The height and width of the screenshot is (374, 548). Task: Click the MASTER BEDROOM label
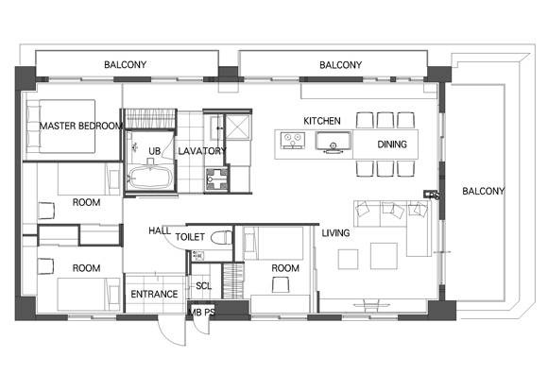(80, 126)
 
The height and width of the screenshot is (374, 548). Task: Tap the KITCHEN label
(322, 121)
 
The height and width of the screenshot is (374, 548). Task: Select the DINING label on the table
(392, 144)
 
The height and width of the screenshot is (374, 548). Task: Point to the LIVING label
(335, 233)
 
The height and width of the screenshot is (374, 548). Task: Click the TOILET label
(190, 237)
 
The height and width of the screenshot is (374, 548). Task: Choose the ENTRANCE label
(154, 294)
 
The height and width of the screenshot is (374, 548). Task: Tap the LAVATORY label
(202, 151)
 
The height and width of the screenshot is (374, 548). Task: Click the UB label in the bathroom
(154, 151)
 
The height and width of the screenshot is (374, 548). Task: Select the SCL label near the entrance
(203, 286)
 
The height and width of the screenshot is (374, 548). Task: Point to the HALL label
(160, 230)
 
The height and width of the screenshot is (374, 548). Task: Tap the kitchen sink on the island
(334, 142)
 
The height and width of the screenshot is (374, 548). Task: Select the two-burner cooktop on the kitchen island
(293, 141)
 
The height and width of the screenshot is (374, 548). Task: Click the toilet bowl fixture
(221, 237)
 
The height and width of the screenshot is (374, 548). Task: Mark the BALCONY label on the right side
(484, 191)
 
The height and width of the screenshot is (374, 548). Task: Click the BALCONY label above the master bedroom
(125, 64)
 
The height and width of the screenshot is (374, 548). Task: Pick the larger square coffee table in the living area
(384, 256)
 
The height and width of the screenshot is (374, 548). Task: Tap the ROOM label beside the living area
(285, 268)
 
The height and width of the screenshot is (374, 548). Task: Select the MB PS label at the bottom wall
(201, 313)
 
